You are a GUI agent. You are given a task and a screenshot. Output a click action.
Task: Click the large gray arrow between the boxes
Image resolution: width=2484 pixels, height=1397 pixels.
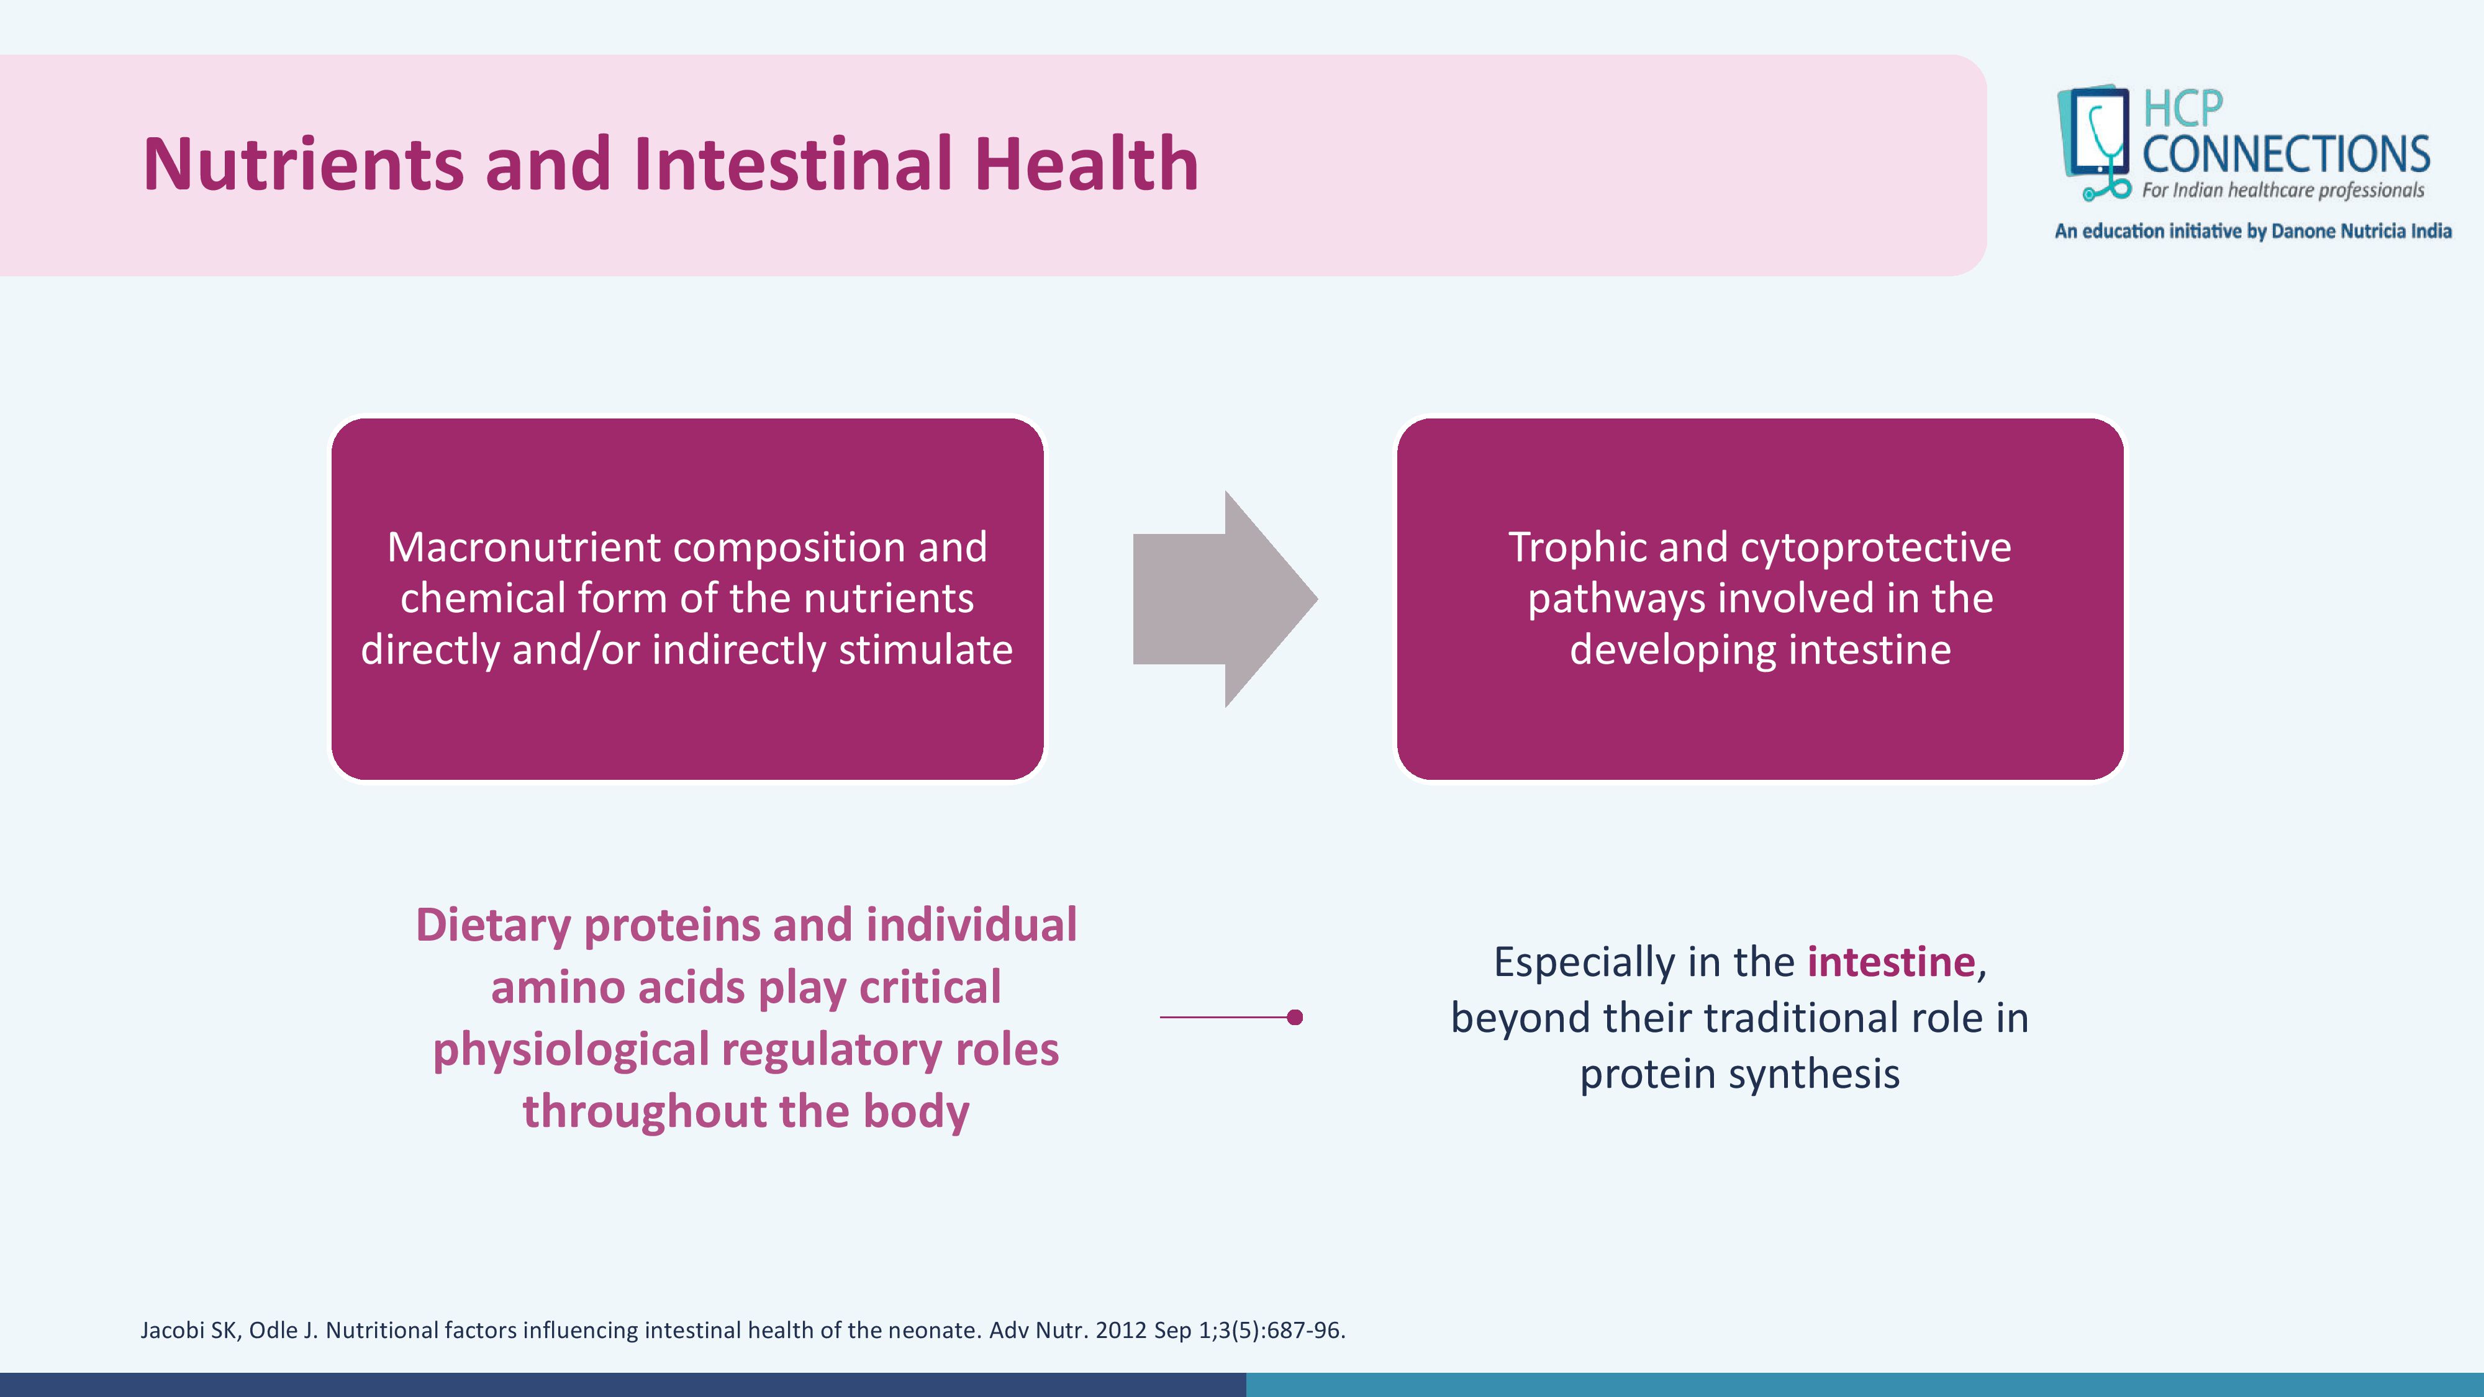[x=1225, y=599]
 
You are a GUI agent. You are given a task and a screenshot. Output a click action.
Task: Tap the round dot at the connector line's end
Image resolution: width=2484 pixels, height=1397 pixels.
[x=1295, y=1017]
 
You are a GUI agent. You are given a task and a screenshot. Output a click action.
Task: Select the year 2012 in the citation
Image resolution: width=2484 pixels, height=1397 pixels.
[x=1120, y=1331]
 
